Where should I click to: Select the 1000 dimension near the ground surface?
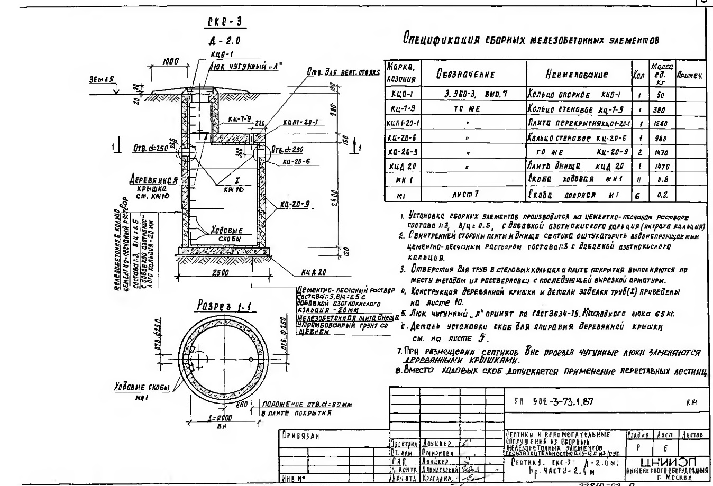(x=170, y=62)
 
